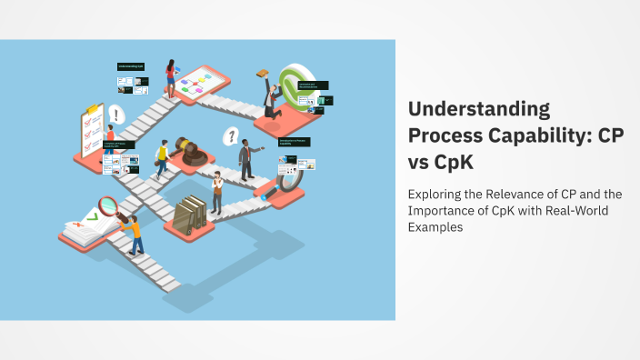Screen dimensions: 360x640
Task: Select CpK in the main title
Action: [x=449, y=159]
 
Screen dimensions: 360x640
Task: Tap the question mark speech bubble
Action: [x=232, y=136]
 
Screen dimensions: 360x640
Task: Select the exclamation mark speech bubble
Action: [x=115, y=114]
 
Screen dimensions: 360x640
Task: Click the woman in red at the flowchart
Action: [x=170, y=77]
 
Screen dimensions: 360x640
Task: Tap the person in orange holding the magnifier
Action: [x=135, y=234]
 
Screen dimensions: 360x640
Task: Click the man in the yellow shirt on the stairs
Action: [x=163, y=158]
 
